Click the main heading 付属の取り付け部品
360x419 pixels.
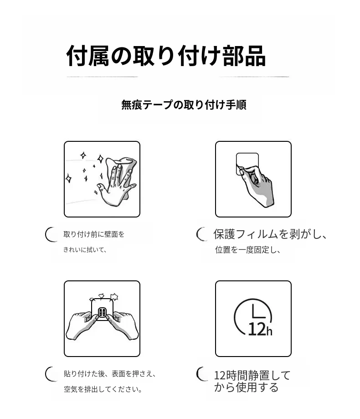pos(166,56)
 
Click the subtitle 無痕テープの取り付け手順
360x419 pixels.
pos(184,104)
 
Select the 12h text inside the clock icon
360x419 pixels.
pos(260,329)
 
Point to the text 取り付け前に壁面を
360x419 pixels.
pos(94,234)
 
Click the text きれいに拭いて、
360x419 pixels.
pos(85,249)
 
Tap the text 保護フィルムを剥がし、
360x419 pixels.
pos(270,234)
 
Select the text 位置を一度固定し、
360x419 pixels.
pos(247,249)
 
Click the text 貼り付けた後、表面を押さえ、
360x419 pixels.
pos(109,373)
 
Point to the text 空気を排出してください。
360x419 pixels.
pos(103,389)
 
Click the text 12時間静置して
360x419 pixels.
pos(252,375)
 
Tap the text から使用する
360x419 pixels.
pos(246,387)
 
